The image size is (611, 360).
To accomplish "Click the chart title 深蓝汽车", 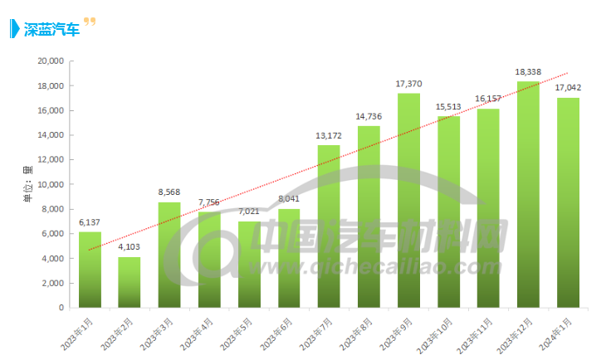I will pyautogui.click(x=51, y=30).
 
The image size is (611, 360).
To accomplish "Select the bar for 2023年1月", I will pyautogui.click(x=90, y=270).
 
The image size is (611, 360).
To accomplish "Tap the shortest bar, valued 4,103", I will pyautogui.click(x=130, y=282).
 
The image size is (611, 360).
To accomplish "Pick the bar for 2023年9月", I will pyautogui.click(x=408, y=200).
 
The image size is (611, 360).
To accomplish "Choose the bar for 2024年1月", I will pyautogui.click(x=568, y=202).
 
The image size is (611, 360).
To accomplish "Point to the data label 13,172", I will pyautogui.click(x=329, y=136).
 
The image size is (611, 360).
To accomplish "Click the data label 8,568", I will pyautogui.click(x=169, y=192).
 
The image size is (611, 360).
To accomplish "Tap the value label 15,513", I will pyautogui.click(x=448, y=107).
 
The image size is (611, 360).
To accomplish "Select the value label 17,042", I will pyautogui.click(x=568, y=88).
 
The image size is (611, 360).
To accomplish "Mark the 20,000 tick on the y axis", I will pyautogui.click(x=50, y=61).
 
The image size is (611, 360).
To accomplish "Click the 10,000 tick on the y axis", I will pyautogui.click(x=50, y=184).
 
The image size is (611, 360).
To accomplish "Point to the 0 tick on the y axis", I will pyautogui.click(x=61, y=308).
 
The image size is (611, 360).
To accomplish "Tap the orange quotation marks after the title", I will pyautogui.click(x=90, y=22).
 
